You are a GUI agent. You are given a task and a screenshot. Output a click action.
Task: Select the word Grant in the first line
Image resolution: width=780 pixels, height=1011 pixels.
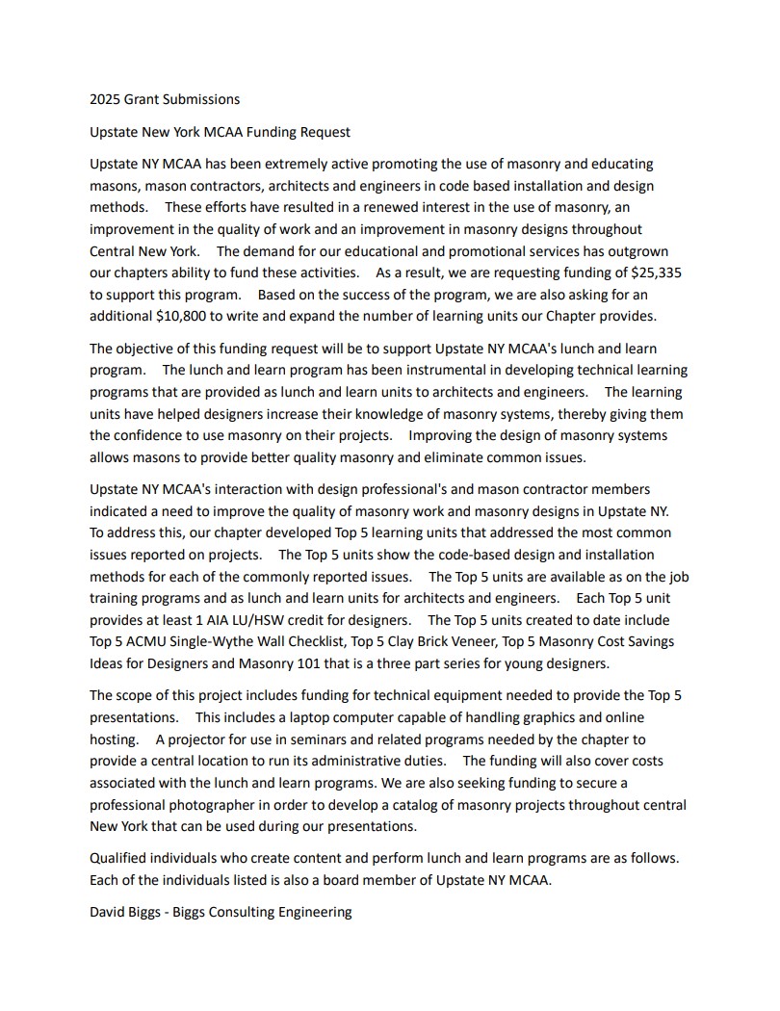click(x=144, y=99)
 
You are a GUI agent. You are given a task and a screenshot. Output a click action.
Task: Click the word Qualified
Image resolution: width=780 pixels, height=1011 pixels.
click(x=120, y=858)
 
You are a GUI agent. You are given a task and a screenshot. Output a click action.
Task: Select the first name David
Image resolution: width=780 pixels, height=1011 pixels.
click(x=109, y=912)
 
